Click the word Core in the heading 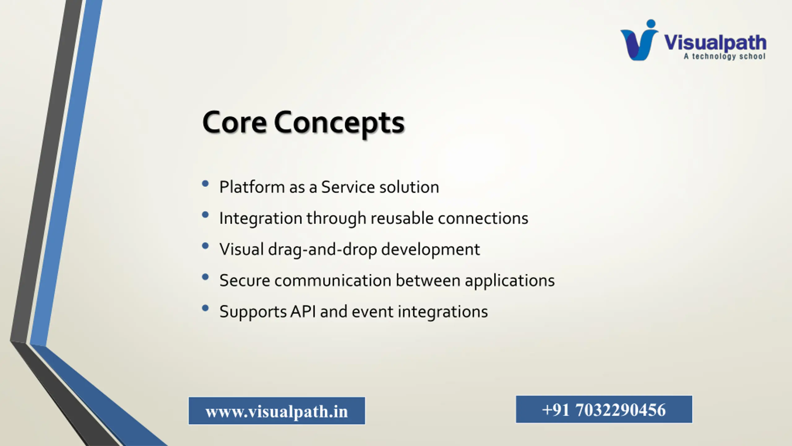[234, 122]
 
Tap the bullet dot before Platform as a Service [205, 184]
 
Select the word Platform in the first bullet [252, 187]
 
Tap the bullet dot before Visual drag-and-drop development [205, 246]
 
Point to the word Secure [245, 281]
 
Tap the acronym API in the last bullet [303, 312]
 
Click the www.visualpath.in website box [277, 411]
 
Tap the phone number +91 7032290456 [604, 409]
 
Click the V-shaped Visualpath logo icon [639, 40]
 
